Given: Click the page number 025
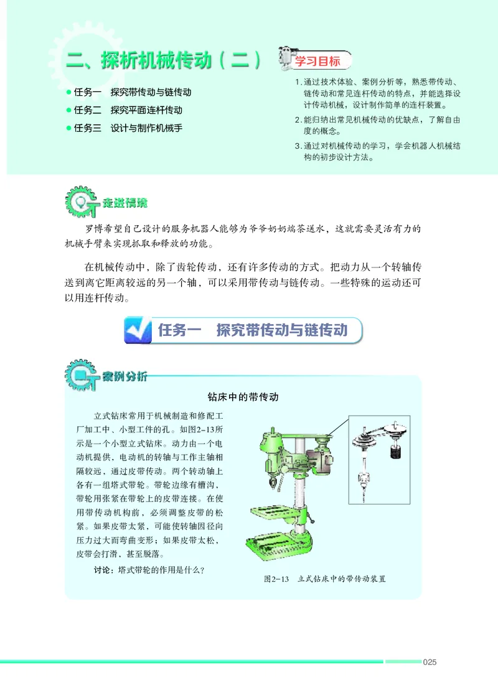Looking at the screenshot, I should point(429,662).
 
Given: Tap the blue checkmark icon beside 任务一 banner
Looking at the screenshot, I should point(139,330).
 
